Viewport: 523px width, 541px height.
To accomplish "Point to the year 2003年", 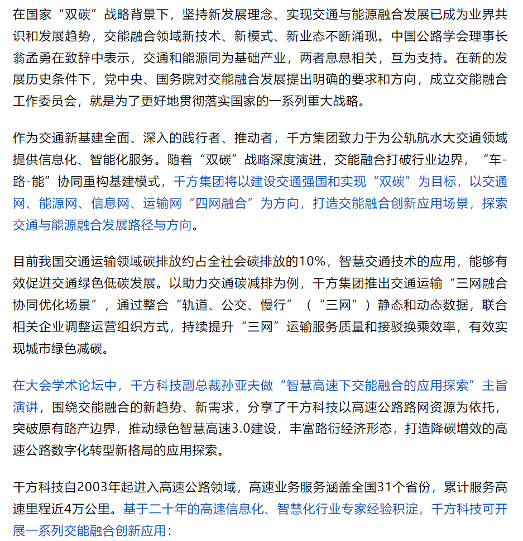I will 103,487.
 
